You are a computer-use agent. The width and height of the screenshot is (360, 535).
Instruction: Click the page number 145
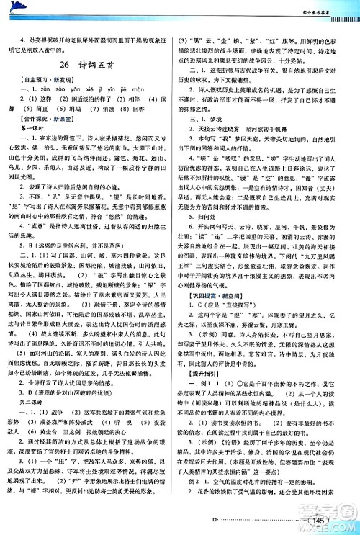click(x=333, y=521)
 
